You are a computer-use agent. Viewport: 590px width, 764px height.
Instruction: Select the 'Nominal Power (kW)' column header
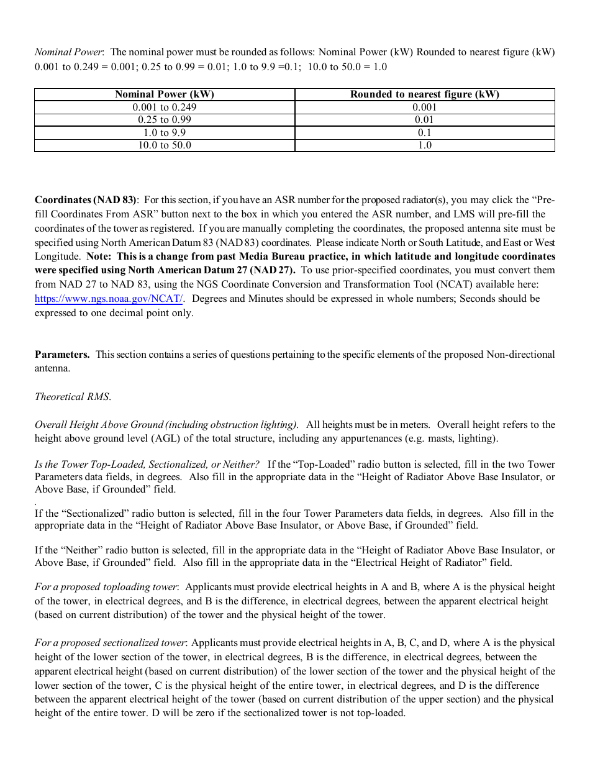tap(164, 94)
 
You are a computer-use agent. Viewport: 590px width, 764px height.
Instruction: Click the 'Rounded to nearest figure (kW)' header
tap(424, 94)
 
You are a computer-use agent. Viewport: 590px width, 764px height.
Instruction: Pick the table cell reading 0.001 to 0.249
tap(164, 107)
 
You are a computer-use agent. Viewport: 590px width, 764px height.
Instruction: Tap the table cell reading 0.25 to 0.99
tap(164, 120)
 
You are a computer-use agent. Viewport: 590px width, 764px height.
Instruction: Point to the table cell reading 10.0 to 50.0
tap(164, 145)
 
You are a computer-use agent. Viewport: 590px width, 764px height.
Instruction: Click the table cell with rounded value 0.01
tap(424, 120)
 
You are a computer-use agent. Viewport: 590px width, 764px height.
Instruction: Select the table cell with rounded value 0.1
tap(424, 132)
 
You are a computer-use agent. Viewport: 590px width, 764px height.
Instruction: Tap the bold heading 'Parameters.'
tap(62, 355)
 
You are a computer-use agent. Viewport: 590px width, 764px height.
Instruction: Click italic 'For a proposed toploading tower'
tap(106, 587)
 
